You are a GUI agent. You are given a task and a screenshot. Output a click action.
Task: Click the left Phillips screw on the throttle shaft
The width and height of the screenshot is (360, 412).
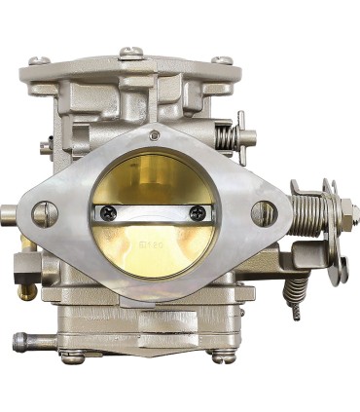coord(107,211)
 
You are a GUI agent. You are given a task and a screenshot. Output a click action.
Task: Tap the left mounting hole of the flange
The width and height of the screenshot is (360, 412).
coord(45,213)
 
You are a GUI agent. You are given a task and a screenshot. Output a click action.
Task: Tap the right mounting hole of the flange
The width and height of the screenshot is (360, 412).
coord(263,212)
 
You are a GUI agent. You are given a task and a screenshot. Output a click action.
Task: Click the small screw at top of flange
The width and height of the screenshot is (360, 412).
coord(154,135)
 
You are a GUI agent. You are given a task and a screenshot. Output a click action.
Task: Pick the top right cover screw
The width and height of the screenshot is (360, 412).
coord(223,60)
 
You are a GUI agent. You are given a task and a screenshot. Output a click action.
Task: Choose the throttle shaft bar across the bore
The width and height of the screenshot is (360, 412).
coord(154,211)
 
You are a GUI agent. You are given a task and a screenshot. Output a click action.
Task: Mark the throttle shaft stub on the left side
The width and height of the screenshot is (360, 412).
coord(8,213)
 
